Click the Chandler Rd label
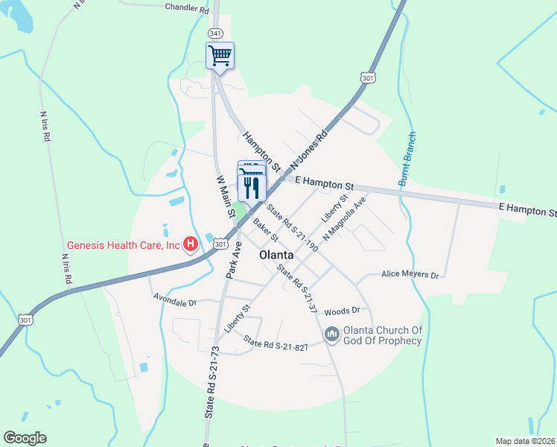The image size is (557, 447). pos(187,10)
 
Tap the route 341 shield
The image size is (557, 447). pos(216,34)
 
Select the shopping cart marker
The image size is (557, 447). pos(220,55)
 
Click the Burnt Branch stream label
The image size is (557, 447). pos(407,159)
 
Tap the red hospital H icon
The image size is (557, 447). pos(191,243)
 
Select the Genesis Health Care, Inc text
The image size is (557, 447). pos(124,244)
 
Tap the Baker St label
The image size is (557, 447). pos(264,229)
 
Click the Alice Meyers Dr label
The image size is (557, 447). pos(410,274)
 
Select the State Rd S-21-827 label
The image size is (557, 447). pos(276,344)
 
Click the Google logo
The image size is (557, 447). pos(25,438)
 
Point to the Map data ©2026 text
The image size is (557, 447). pos(524,440)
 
